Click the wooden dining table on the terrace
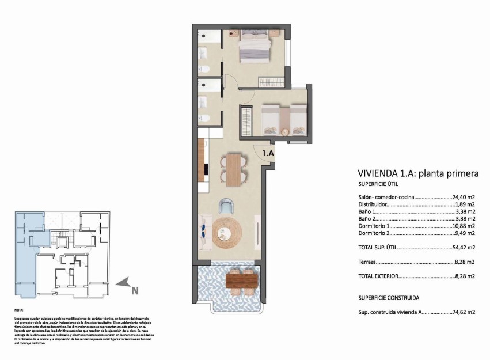click(x=238, y=281)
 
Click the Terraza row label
click(x=367, y=262)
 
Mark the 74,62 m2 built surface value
click(x=464, y=312)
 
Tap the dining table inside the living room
click(x=233, y=169)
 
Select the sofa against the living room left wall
click(x=204, y=232)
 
